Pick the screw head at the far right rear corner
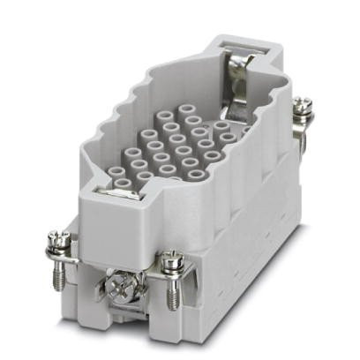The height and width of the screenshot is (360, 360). pyautogui.click(x=303, y=107)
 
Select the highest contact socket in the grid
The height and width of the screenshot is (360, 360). pyautogui.click(x=187, y=113)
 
